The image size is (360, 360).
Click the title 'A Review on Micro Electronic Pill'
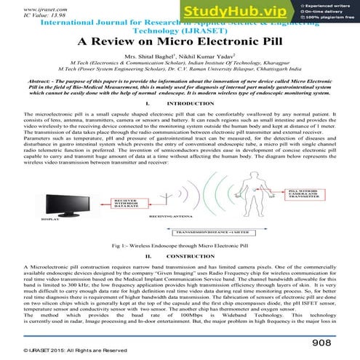[x=179, y=41]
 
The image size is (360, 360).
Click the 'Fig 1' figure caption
[x=180, y=247]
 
